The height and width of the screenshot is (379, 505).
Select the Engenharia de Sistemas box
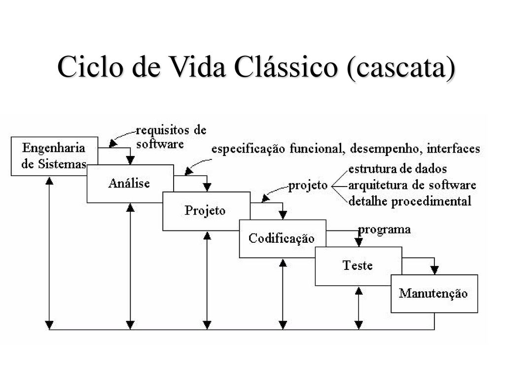[x=54, y=156]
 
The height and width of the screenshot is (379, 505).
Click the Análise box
[x=130, y=184]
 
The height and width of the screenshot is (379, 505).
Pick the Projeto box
[x=206, y=211]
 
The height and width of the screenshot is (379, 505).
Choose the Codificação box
[x=283, y=238]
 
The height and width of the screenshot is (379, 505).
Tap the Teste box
[x=358, y=266]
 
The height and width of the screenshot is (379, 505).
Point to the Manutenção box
[x=434, y=294]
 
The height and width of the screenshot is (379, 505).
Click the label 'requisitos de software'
[x=171, y=137]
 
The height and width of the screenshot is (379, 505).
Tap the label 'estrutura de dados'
[x=397, y=169]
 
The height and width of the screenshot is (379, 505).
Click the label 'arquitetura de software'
[x=412, y=186]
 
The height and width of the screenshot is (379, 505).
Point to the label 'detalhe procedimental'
[x=410, y=201]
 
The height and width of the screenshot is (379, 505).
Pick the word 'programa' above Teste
[x=384, y=230]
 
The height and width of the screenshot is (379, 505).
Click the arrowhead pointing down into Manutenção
[x=434, y=270]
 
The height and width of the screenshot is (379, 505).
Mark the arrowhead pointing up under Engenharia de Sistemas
[x=49, y=181]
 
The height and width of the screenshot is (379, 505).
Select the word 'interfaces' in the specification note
[x=454, y=149]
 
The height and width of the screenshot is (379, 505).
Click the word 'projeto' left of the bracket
[x=308, y=186]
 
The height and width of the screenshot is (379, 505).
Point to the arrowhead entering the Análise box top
[x=130, y=160]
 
